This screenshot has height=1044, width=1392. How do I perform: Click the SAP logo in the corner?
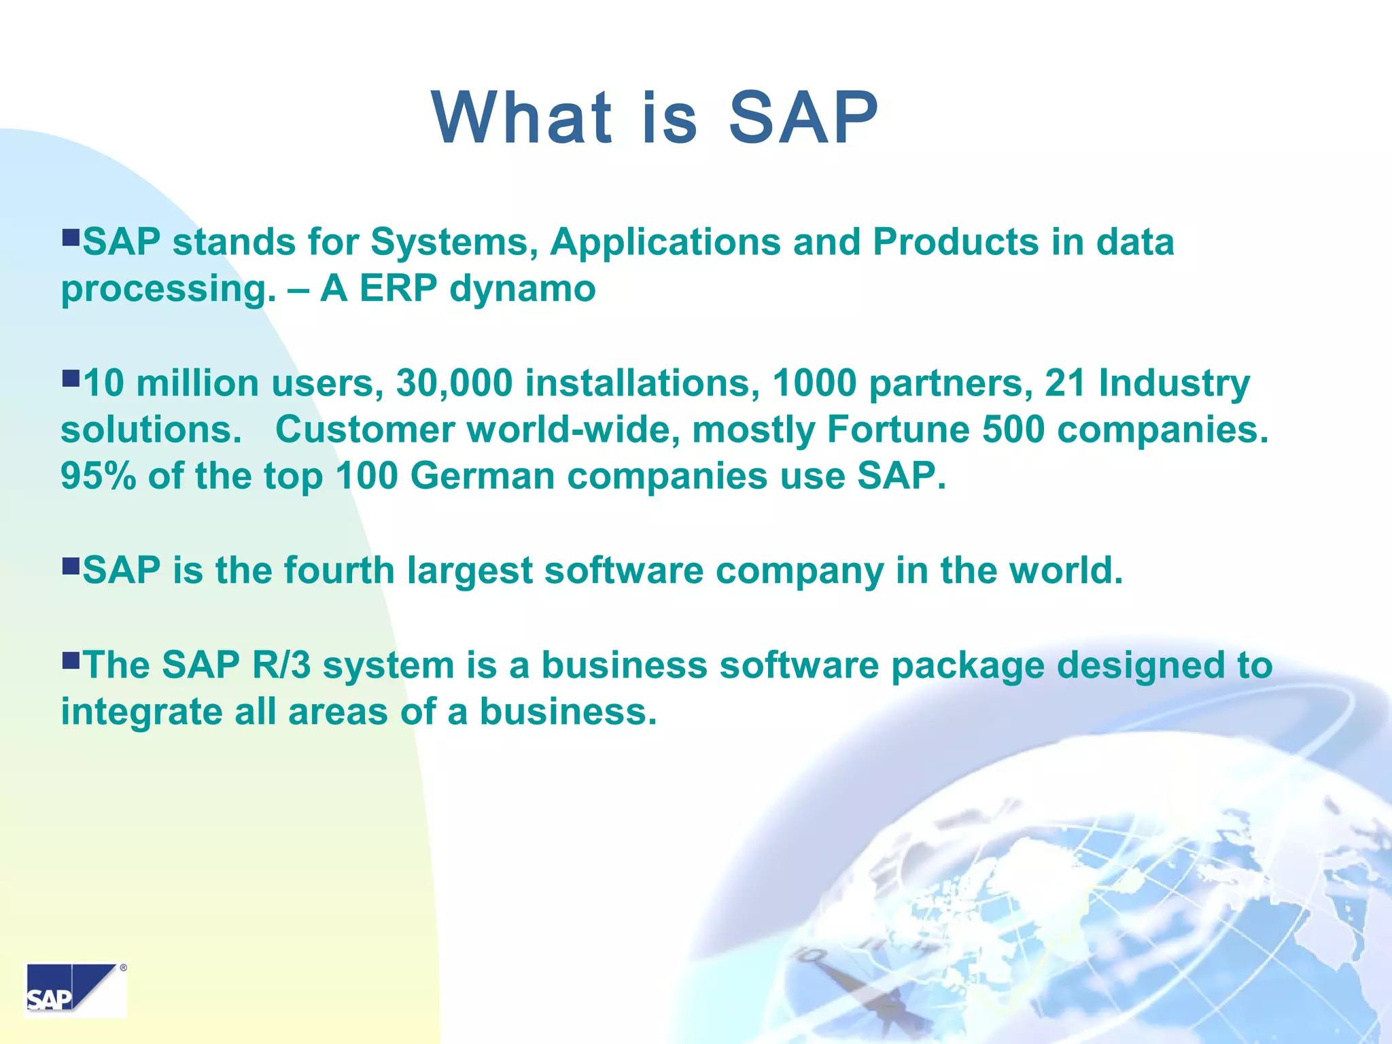coord(75,990)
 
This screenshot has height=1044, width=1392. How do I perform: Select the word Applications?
coord(665,242)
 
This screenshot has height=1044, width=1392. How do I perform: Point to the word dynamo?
coord(522,289)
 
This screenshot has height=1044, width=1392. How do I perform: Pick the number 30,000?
coord(454,383)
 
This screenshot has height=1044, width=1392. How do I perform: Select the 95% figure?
coord(99,476)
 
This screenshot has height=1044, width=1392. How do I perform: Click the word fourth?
coord(339,570)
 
